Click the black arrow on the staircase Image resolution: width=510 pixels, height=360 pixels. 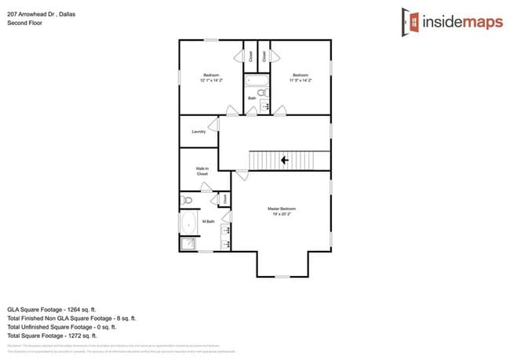pos(283,160)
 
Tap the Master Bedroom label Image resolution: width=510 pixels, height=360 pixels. pos(281,209)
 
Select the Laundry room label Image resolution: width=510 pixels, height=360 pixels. pos(199,132)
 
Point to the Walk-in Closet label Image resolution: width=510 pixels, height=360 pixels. pos(202,170)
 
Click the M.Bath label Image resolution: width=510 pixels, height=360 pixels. pos(209,222)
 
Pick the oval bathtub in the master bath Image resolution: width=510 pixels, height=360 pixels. pos(188,225)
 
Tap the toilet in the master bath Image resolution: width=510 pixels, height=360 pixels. pos(188,201)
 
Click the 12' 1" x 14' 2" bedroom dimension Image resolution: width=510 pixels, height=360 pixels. pos(211,80)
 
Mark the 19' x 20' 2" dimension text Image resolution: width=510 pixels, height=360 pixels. pos(281,214)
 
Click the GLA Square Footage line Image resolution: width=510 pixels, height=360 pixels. pos(62,310)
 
